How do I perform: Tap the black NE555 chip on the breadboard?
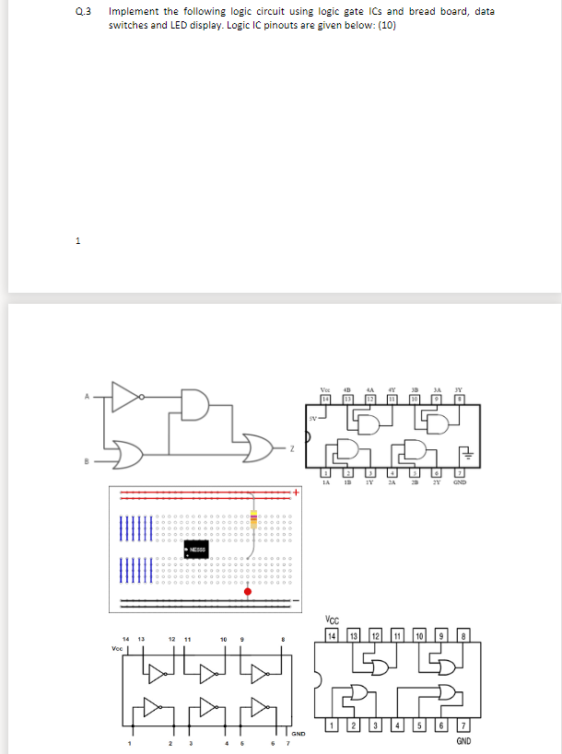pyautogui.click(x=195, y=549)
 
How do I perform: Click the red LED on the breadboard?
pyautogui.click(x=248, y=566)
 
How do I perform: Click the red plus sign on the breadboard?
pyautogui.click(x=298, y=493)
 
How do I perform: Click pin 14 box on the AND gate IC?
pyautogui.click(x=323, y=398)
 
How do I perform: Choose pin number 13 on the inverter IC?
pyautogui.click(x=141, y=637)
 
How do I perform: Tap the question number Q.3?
pyautogui.click(x=87, y=11)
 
